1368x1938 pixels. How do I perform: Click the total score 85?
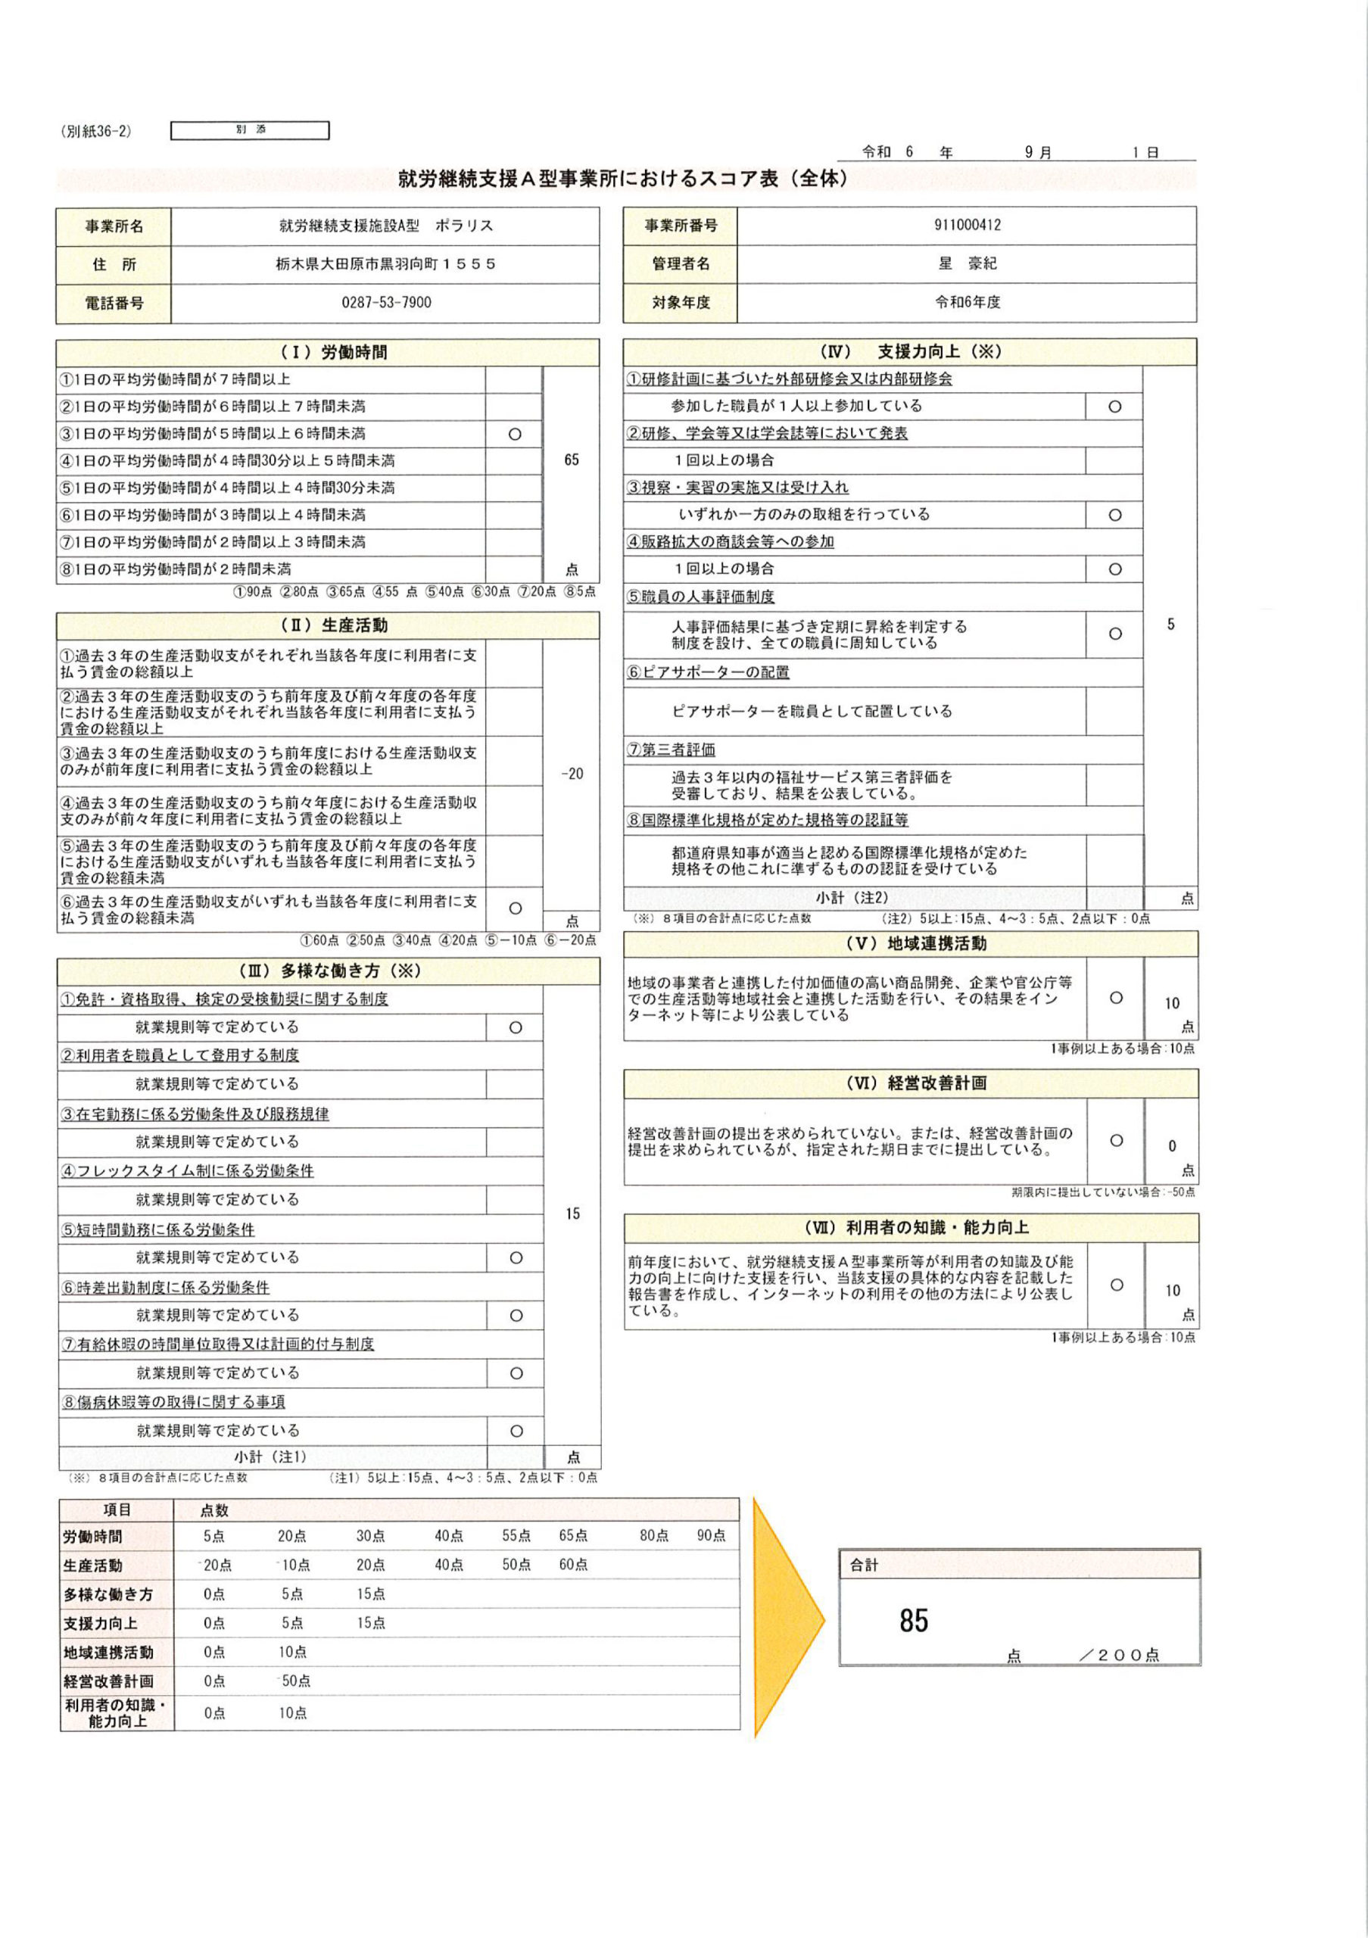tap(913, 1621)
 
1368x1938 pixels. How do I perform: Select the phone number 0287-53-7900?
tap(385, 302)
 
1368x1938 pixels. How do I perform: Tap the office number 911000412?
tap(967, 225)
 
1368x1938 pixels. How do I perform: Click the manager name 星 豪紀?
tap(967, 263)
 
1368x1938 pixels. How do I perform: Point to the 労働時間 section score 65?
tap(572, 460)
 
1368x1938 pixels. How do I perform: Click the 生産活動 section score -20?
tap(572, 773)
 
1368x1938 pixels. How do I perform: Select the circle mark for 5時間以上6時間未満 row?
tap(514, 434)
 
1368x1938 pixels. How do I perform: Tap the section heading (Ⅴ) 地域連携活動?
tap(910, 944)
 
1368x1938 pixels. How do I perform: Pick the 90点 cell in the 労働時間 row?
tap(711, 1536)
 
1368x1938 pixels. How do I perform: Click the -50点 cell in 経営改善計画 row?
tap(294, 1681)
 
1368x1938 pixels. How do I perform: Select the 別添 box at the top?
tap(250, 130)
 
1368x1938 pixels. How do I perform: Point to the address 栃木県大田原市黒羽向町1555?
tap(385, 264)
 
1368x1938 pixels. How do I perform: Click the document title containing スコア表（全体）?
tap(623, 179)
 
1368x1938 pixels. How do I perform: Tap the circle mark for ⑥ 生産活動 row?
tap(515, 908)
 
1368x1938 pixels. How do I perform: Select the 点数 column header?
tap(214, 1510)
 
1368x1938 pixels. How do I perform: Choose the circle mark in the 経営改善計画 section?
tap(1116, 1140)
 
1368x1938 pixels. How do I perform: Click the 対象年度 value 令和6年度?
tap(967, 302)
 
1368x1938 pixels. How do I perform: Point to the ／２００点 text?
tap(1119, 1655)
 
